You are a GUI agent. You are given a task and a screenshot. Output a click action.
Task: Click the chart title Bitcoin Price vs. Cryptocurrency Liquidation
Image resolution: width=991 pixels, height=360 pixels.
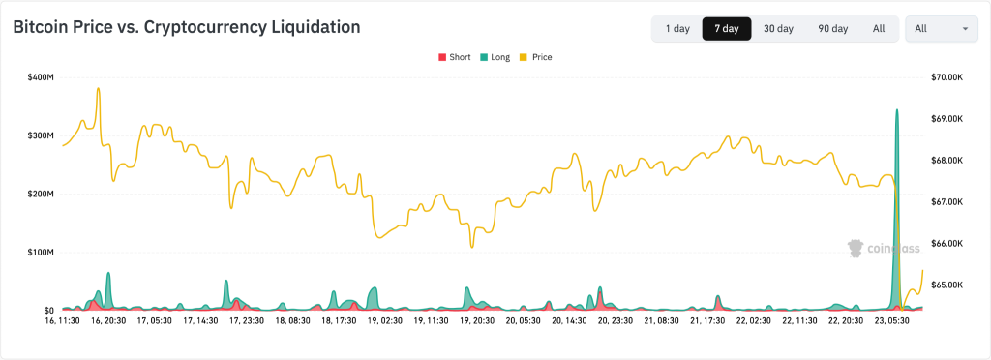point(186,27)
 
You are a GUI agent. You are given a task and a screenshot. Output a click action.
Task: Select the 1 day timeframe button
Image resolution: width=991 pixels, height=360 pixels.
point(677,29)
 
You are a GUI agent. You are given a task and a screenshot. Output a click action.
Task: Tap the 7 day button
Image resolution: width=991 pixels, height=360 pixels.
point(727,29)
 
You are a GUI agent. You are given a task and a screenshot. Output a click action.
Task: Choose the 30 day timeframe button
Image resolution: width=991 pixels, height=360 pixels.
point(778,29)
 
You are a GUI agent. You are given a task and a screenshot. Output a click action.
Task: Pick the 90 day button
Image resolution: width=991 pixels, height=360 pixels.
point(832,29)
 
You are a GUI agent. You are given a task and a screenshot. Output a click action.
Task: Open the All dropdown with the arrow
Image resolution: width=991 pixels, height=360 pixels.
point(941,29)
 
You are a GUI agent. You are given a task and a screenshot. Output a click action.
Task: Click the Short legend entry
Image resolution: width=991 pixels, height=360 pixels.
point(455,57)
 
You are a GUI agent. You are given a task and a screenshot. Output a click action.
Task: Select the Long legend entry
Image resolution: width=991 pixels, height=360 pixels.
point(495,57)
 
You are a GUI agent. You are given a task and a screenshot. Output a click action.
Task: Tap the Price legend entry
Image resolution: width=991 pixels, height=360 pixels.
point(536,57)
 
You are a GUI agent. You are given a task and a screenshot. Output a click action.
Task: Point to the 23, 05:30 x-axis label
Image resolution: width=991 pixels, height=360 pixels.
point(893,319)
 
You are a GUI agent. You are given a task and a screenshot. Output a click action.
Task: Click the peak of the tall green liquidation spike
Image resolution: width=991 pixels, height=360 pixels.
point(897,110)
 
